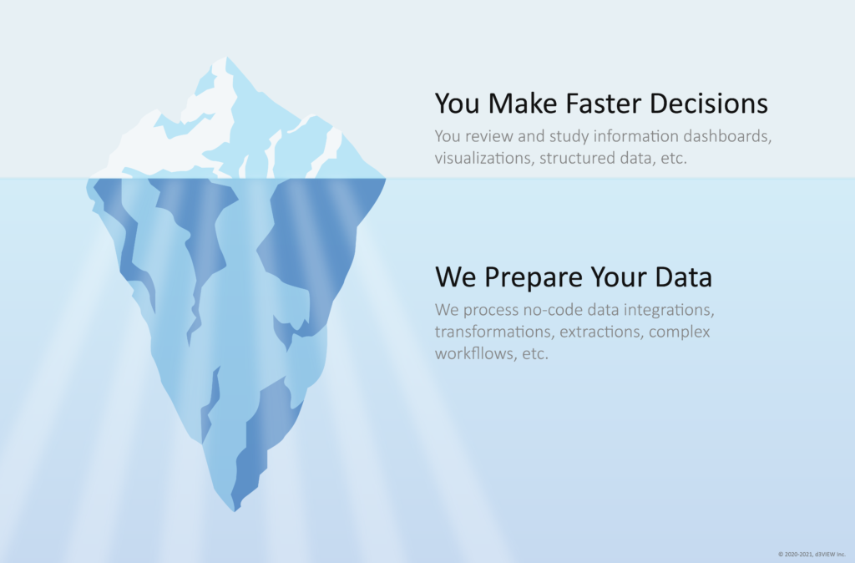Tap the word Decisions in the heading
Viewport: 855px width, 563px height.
(x=709, y=103)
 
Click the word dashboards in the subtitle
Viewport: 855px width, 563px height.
(x=727, y=136)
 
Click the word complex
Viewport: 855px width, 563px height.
(x=680, y=332)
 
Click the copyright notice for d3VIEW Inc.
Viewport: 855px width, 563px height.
(x=812, y=555)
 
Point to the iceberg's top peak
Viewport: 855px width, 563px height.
(x=226, y=57)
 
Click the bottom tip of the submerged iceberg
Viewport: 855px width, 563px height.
(x=235, y=511)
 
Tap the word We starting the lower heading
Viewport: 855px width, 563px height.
(x=456, y=276)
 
